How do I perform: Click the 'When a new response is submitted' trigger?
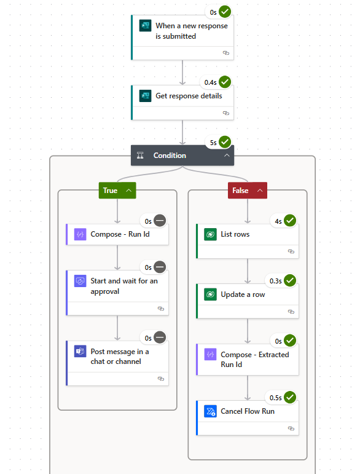tap(190, 31)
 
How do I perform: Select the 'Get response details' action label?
tap(189, 96)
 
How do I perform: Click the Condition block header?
tap(170, 156)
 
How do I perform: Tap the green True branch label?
tap(110, 191)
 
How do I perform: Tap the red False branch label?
tap(240, 191)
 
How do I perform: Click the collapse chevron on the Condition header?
tap(227, 156)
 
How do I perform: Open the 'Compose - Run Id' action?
tap(119, 234)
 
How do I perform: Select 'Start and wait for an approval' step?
tap(123, 286)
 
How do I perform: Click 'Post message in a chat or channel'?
tap(119, 356)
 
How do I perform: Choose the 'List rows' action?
tap(235, 234)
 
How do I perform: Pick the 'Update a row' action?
tap(243, 294)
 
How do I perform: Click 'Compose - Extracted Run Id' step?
tap(254, 359)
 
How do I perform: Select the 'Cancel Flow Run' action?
tap(248, 411)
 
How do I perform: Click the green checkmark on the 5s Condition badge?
tap(225, 142)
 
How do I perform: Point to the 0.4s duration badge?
tap(209, 82)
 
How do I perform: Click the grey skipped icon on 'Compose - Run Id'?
tap(160, 221)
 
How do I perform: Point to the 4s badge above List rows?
tap(278, 221)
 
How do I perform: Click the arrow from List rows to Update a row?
tap(248, 271)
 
